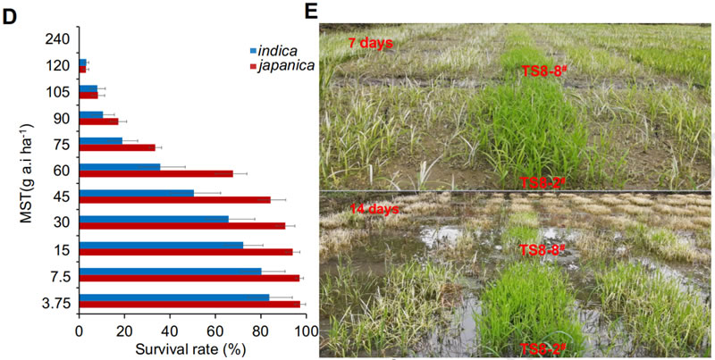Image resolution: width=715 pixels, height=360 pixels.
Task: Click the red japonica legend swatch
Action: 253,65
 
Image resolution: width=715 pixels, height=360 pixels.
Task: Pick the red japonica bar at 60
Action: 156,172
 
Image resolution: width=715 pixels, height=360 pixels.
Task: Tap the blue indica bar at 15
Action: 161,245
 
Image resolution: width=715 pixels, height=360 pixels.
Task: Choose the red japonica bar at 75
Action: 117,147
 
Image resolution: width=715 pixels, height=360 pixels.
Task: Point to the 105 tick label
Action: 61,89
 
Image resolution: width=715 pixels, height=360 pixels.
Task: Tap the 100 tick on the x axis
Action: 307,332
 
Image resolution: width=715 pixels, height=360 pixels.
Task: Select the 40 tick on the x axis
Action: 170,332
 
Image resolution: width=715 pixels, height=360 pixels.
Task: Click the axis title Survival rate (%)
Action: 190,349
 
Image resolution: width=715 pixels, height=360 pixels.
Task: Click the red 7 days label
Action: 371,42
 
